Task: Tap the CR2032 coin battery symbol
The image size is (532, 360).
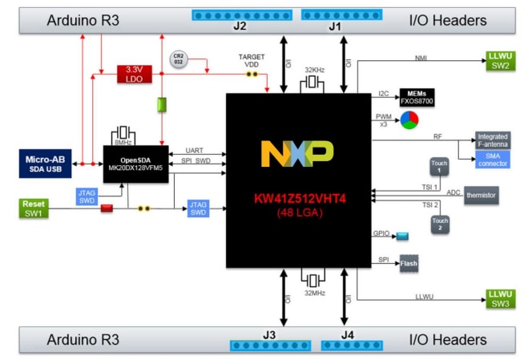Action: pyautogui.click(x=178, y=59)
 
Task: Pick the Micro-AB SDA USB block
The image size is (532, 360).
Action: pyautogui.click(x=45, y=162)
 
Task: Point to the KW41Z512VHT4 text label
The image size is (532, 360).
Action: pyautogui.click(x=296, y=198)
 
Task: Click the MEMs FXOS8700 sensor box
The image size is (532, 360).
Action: pyautogui.click(x=416, y=98)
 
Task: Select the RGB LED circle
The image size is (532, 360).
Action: pyautogui.click(x=409, y=120)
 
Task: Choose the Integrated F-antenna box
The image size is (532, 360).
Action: pyautogui.click(x=492, y=141)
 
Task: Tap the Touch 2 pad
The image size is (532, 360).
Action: pyautogui.click(x=439, y=224)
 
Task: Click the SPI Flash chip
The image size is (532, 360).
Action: pyautogui.click(x=408, y=262)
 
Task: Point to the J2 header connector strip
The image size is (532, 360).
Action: pyautogui.click(x=238, y=15)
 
